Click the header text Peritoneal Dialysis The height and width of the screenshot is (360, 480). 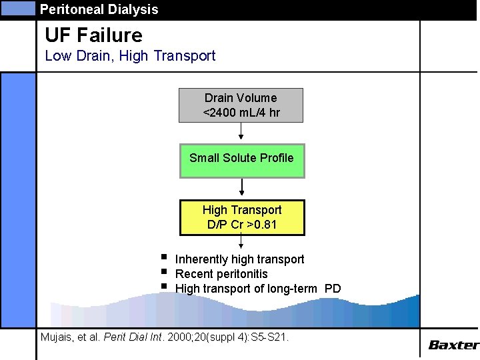pos(99,9)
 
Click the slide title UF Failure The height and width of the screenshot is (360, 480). pos(93,35)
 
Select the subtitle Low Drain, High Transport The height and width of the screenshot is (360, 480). pos(130,56)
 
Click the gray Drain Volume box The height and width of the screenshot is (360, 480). pos(241,105)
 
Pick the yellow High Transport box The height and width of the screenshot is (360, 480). pos(242,217)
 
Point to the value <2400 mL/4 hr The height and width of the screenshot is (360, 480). pos(241,113)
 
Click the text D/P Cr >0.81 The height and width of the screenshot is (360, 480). pos(242,225)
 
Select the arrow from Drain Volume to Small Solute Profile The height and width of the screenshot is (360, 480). pos(241,133)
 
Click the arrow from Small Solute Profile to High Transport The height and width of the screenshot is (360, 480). pos(241,189)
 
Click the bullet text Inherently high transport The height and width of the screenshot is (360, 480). pos(239,259)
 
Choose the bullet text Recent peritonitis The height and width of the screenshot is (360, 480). pos(221,274)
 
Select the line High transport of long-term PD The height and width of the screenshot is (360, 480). pos(257,289)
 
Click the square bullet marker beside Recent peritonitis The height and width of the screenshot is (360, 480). pos(163,272)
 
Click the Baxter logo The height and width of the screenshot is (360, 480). pos(453,345)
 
